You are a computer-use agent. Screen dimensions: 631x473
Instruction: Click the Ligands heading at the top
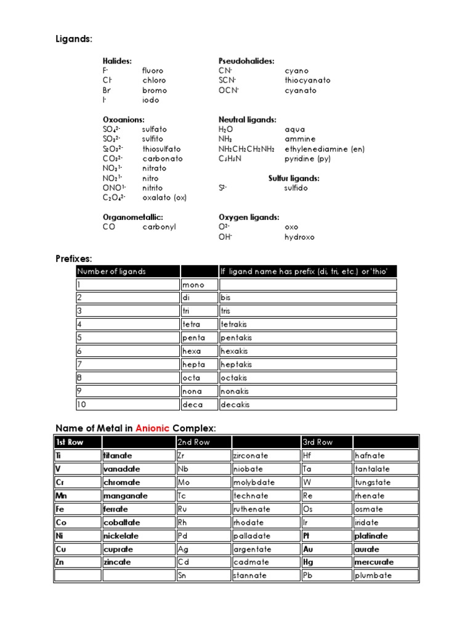point(73,39)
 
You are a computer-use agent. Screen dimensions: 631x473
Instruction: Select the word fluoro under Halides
point(153,71)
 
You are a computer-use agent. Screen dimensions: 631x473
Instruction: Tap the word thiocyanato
point(307,80)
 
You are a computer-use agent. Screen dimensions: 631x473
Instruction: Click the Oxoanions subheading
point(123,120)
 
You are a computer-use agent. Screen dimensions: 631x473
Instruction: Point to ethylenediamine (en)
point(325,149)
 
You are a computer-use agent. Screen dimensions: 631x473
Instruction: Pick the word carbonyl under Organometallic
point(159,227)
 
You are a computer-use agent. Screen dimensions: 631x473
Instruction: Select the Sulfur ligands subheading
point(294,178)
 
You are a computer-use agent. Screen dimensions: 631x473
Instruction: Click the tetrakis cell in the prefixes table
point(236,324)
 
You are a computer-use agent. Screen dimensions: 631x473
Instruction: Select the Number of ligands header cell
point(111,272)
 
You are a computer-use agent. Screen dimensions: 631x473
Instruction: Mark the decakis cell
point(236,405)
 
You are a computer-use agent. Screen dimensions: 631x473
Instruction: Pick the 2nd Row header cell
point(193,442)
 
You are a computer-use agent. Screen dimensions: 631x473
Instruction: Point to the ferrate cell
point(116,509)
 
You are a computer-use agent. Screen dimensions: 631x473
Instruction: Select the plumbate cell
point(373,576)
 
